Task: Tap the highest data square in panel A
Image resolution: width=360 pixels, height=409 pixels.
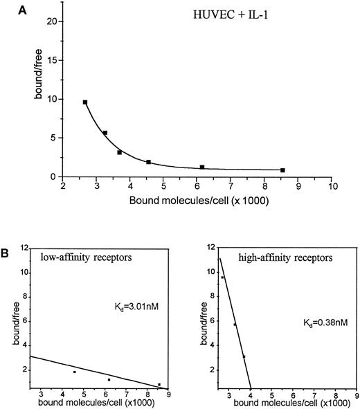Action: pyautogui.click(x=85, y=102)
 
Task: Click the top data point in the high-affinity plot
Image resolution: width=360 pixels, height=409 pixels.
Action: pyautogui.click(x=222, y=278)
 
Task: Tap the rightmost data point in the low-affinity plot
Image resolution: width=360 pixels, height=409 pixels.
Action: pyautogui.click(x=159, y=384)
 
